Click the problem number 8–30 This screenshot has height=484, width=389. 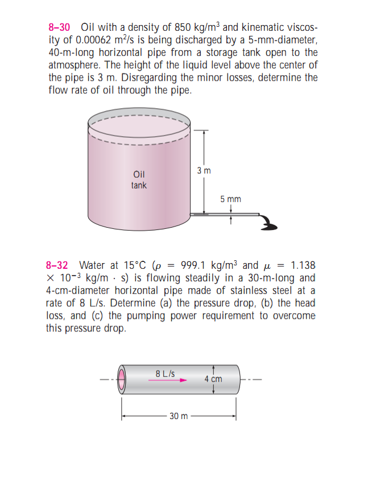(x=60, y=27)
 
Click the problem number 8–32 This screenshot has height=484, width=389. (x=57, y=266)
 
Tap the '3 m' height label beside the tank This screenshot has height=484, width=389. (x=203, y=170)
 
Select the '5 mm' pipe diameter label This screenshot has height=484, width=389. (x=230, y=199)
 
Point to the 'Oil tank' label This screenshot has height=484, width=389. (x=139, y=180)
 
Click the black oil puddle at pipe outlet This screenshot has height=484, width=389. (x=270, y=224)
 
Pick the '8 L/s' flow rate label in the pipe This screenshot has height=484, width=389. (x=164, y=374)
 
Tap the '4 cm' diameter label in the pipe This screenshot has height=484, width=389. (x=213, y=379)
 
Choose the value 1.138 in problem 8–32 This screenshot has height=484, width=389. (x=303, y=266)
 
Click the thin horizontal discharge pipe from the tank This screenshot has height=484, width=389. (x=230, y=215)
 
